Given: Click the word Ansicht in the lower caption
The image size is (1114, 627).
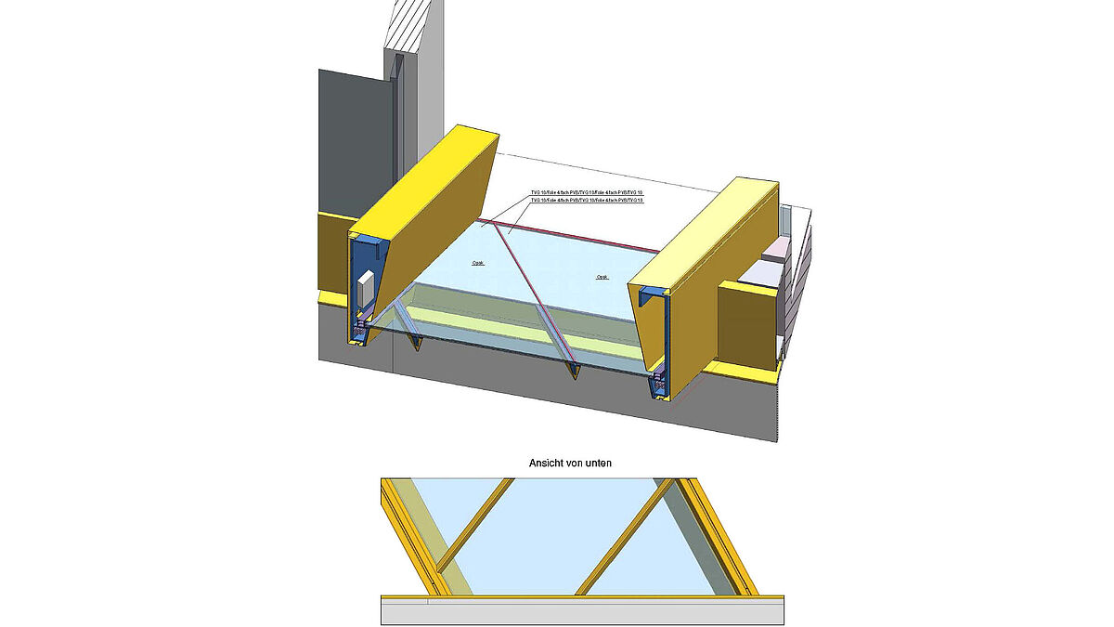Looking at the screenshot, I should click(x=548, y=463).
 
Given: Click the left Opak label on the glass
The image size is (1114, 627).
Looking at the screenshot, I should click(x=478, y=263).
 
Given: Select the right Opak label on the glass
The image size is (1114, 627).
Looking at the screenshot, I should click(x=602, y=277).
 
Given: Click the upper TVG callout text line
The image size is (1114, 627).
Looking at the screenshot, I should click(x=586, y=192).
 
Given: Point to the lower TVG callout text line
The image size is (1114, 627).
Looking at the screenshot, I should click(x=586, y=200).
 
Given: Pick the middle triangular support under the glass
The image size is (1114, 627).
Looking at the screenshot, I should click(x=576, y=371).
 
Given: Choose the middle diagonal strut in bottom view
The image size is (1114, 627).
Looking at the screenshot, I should click(x=622, y=539).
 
